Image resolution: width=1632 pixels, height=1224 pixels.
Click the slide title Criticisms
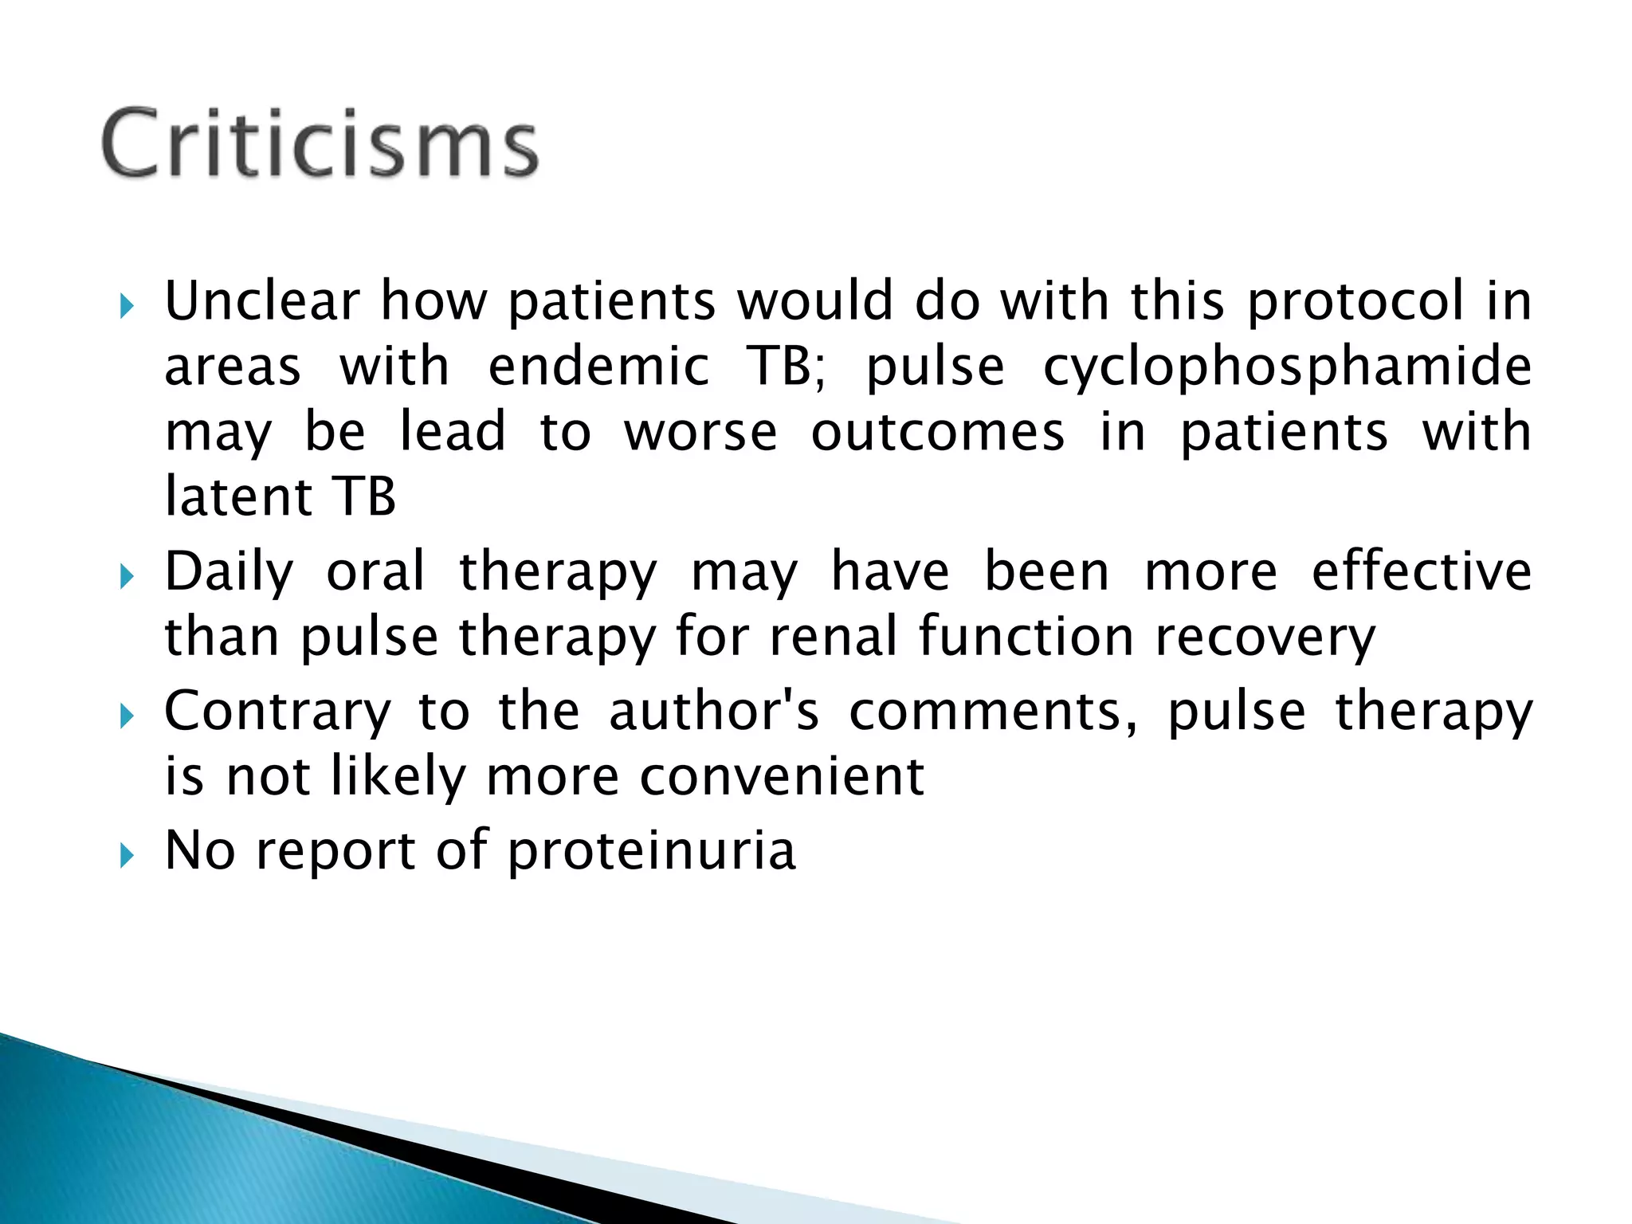coord(320,143)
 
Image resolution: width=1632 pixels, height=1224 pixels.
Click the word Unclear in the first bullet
coord(262,301)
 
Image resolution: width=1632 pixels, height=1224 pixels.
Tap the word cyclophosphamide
coord(1287,367)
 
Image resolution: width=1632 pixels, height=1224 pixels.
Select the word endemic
coord(598,367)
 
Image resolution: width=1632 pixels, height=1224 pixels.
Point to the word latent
coord(237,496)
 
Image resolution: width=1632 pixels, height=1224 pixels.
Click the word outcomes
coord(937,432)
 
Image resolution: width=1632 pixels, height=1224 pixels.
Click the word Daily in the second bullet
coord(229,572)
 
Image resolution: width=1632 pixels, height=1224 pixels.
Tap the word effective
coord(1422,571)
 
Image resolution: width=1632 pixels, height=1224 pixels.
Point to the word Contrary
coord(278,711)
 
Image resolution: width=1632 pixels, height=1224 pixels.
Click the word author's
coord(714,711)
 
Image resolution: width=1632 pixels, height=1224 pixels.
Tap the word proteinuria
coord(651,851)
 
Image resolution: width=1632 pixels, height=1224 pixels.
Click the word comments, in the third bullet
coord(993,711)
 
